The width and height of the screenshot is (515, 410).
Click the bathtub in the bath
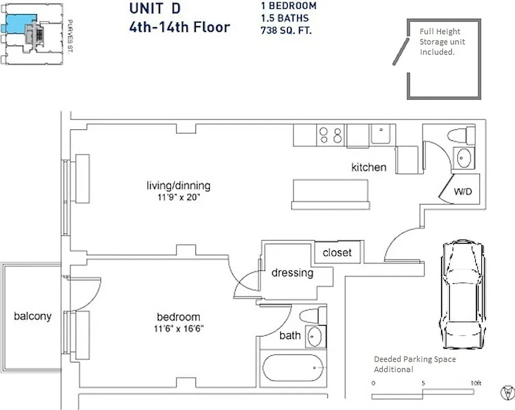[292, 368]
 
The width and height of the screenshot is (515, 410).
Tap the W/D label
[463, 192]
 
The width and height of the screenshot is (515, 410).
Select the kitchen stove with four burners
[331, 135]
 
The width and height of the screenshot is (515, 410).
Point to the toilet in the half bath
[461, 136]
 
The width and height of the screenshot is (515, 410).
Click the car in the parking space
[462, 294]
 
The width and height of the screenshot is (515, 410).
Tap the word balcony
[33, 316]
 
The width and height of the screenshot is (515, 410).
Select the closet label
[337, 253]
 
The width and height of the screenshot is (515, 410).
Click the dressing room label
[292, 273]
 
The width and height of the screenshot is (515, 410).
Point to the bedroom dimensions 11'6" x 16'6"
[178, 329]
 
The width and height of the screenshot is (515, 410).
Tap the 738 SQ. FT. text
[286, 30]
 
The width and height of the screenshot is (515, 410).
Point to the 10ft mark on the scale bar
[476, 383]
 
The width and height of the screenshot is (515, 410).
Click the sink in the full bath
[314, 337]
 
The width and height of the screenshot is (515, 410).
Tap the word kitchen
[368, 167]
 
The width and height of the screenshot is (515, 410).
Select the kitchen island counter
[331, 194]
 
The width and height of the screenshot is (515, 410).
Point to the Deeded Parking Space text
[415, 359]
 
